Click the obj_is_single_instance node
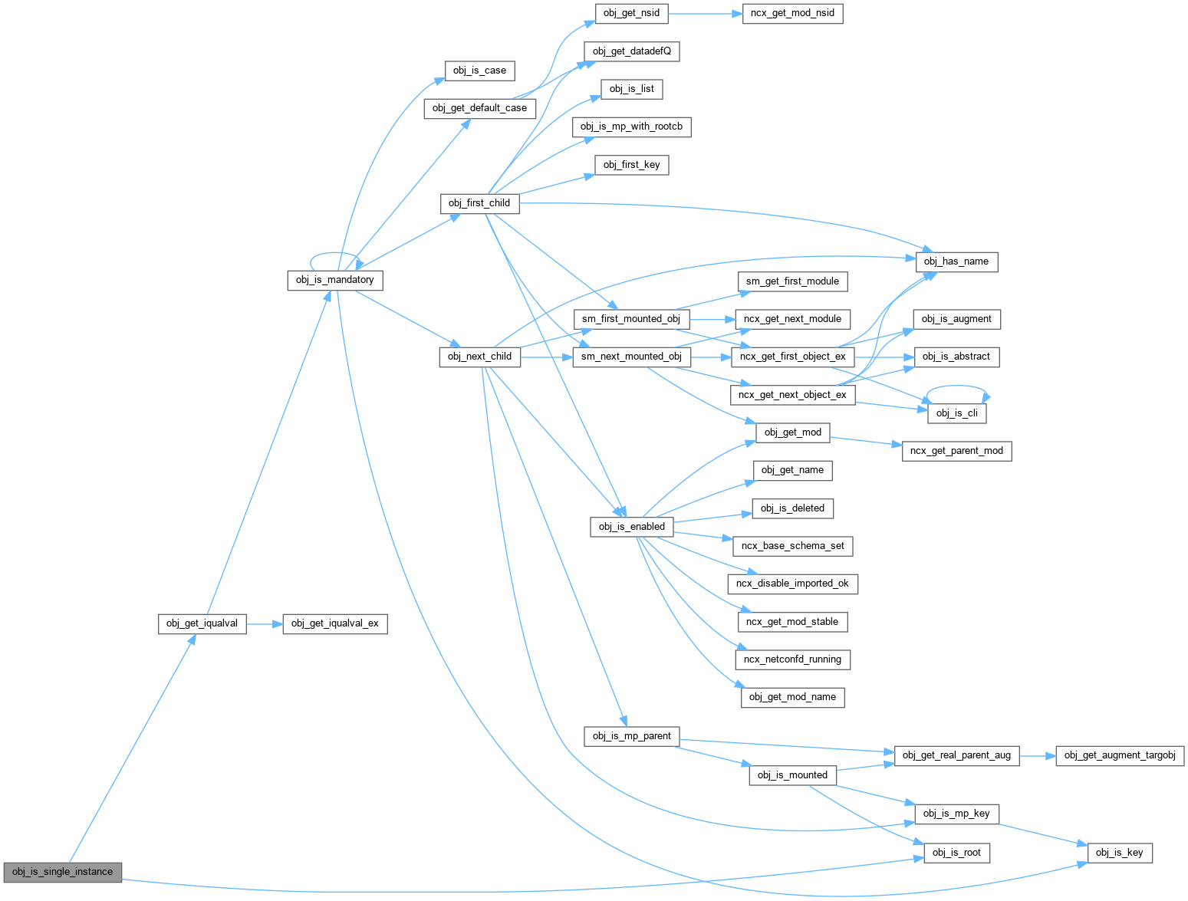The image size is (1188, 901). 62,872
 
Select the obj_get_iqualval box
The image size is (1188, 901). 202,623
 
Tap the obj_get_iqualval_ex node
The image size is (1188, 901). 334,623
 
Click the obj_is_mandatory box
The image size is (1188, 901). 334,280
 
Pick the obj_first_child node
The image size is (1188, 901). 479,203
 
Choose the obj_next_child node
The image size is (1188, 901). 479,357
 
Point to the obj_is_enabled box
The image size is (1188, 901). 631,527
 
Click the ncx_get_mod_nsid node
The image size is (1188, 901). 792,13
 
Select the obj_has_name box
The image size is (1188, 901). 956,261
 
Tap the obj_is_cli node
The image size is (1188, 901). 956,413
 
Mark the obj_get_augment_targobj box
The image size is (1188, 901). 1120,755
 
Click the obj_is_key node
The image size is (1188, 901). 1119,853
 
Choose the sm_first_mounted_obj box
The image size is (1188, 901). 630,319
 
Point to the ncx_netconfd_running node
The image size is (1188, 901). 792,659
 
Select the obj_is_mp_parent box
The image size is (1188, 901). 631,736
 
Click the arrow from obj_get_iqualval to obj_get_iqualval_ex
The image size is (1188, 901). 265,624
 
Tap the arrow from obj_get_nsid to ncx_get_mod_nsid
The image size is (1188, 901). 705,13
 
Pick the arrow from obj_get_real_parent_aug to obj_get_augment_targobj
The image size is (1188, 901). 1038,756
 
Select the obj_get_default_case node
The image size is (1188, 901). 479,108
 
